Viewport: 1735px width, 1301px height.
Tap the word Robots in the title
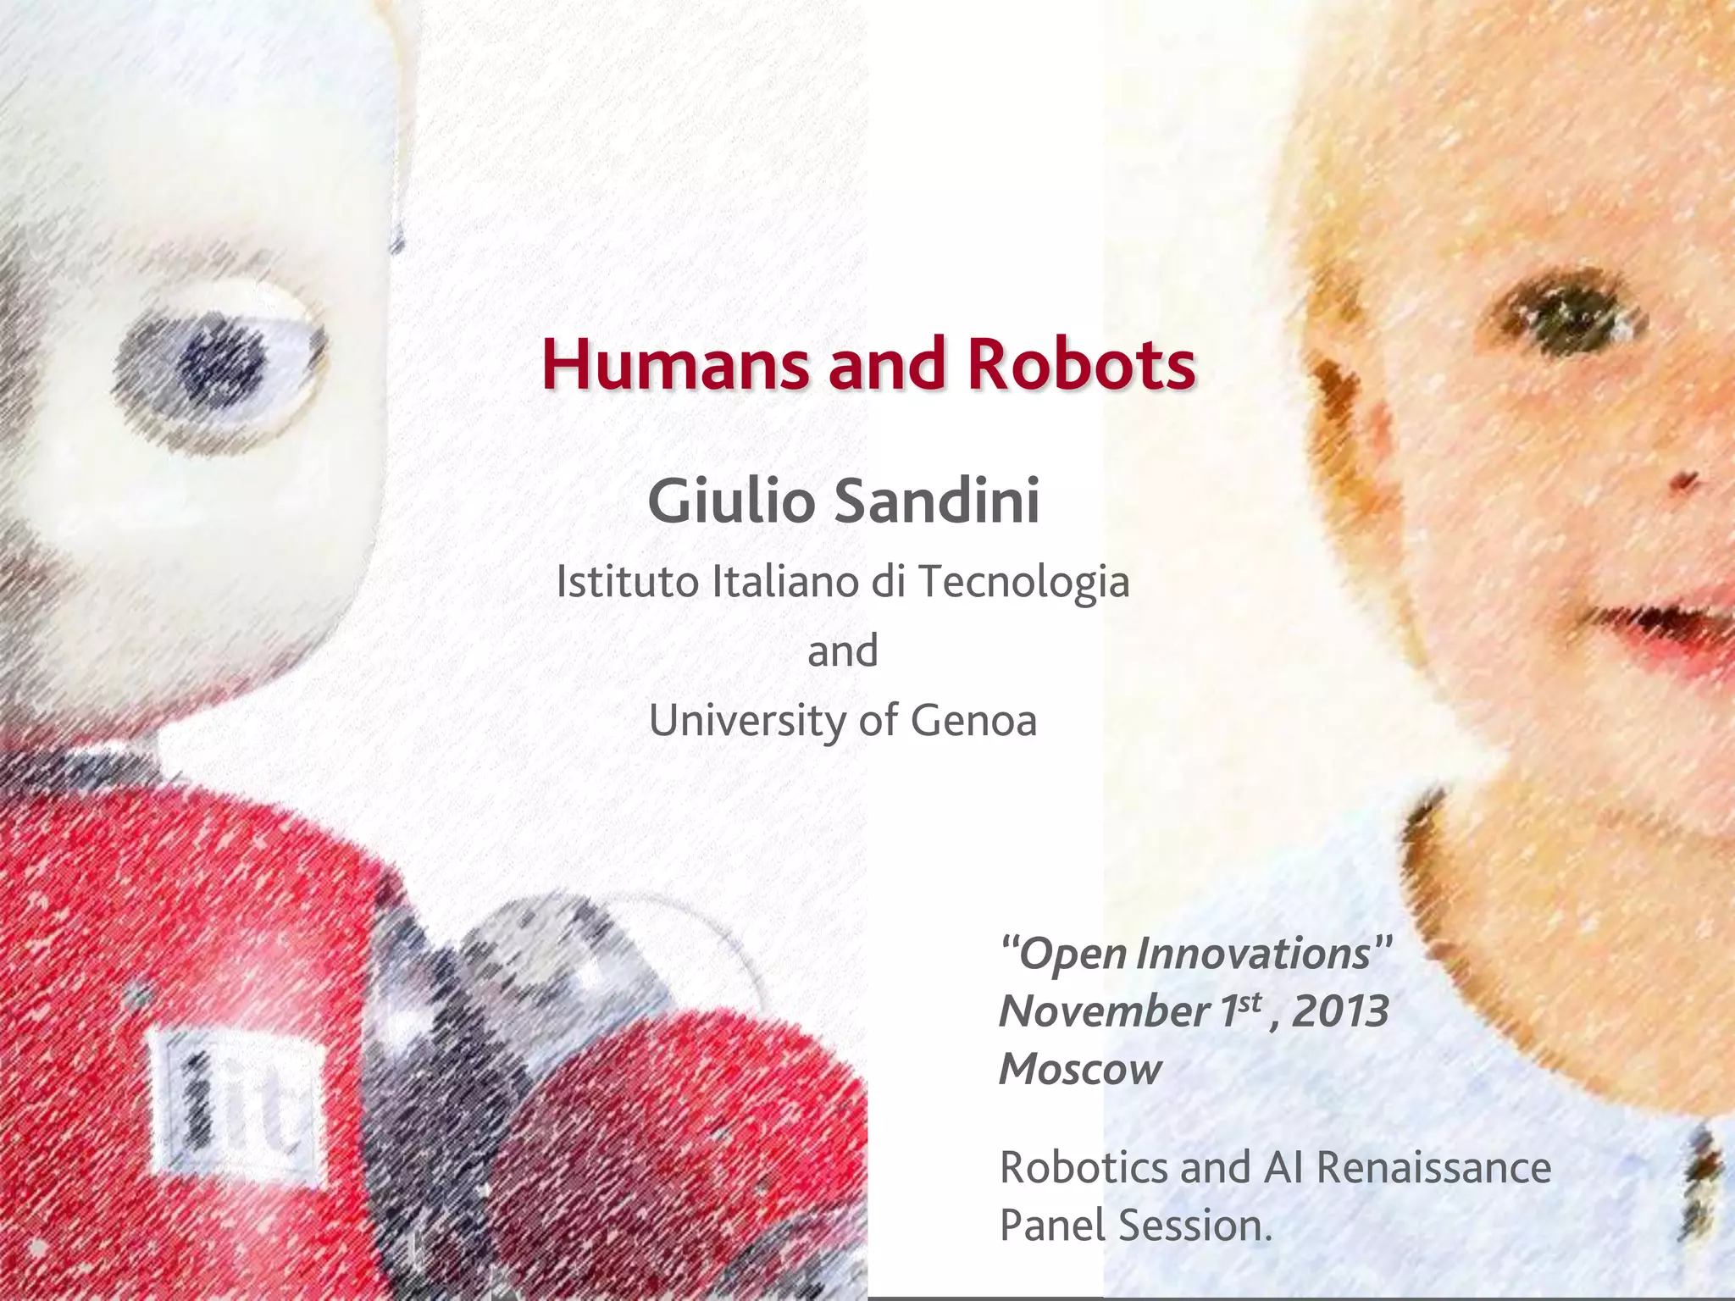click(1081, 364)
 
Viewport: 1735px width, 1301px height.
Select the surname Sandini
click(937, 501)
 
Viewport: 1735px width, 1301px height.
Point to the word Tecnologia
click(1023, 583)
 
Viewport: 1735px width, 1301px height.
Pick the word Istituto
click(628, 582)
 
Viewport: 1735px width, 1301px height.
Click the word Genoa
click(973, 721)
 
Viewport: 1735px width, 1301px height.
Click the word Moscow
click(1080, 1069)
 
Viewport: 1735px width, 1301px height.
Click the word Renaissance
click(1433, 1167)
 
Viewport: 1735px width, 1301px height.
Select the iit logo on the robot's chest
click(239, 1101)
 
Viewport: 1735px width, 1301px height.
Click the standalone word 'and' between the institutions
click(842, 651)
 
